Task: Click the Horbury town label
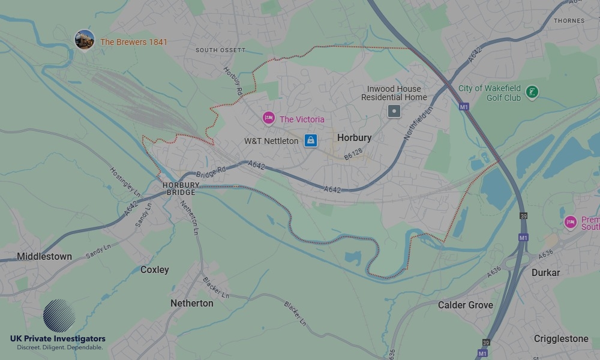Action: coord(354,137)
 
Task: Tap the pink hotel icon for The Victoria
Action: coord(268,118)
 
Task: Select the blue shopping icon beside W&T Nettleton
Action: coord(310,140)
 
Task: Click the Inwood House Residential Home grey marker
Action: coord(394,111)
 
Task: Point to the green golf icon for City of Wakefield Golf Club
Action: coord(531,92)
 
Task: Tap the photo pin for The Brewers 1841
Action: coord(85,40)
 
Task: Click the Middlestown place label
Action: coord(44,256)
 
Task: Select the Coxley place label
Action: coord(154,269)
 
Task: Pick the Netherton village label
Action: coord(191,303)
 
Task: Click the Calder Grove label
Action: coord(465,305)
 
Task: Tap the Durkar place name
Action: coord(545,272)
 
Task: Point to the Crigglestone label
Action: coord(561,338)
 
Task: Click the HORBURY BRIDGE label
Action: coord(179,189)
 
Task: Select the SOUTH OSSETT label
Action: coord(220,50)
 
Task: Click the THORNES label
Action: coord(569,20)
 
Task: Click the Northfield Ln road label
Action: coord(418,124)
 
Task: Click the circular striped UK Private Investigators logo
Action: coord(59,316)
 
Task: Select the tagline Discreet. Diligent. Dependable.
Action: coord(59,347)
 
